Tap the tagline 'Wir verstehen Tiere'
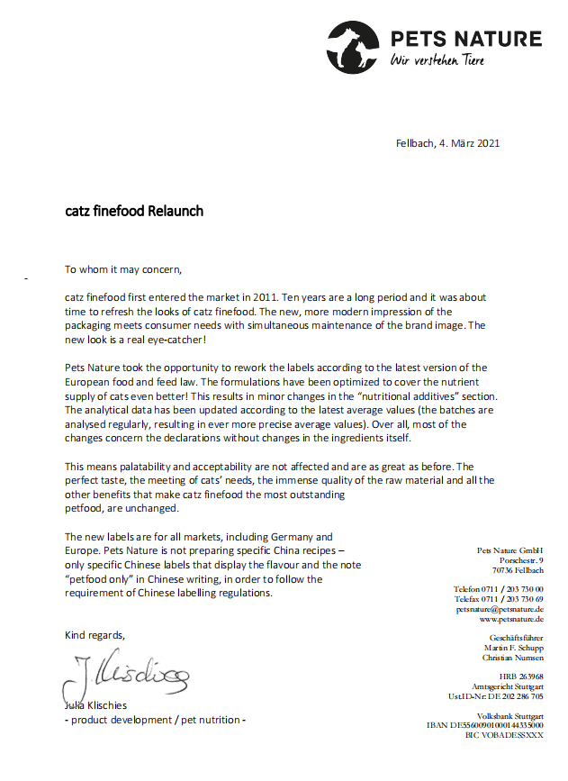(437, 60)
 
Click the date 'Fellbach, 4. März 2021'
(447, 142)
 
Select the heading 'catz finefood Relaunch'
(134, 212)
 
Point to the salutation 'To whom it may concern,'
(123, 268)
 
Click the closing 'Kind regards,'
(95, 635)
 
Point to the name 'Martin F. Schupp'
(514, 648)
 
